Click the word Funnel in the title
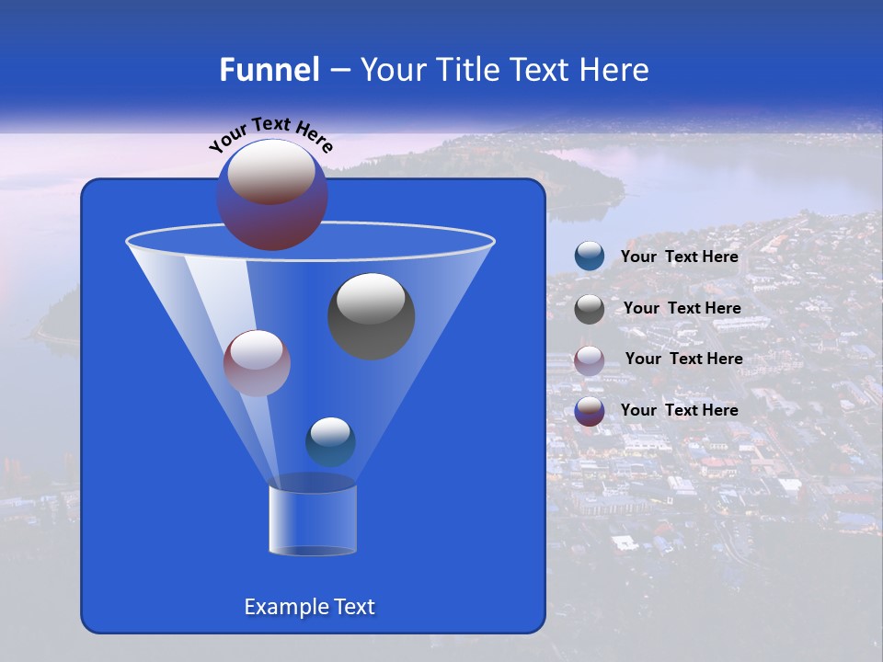pos(269,70)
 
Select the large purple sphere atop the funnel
pos(272,194)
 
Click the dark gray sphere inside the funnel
pos(372,315)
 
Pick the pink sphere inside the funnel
pos(257,362)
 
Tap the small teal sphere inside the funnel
pos(330,441)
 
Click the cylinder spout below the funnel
pos(313,519)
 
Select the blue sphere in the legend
pos(590,257)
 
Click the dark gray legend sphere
pos(590,308)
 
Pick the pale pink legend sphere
pos(590,360)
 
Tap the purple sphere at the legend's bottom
pos(590,410)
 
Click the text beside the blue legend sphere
pos(680,257)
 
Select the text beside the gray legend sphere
pos(682,308)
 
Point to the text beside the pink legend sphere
pos(683,359)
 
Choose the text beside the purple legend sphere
pos(680,410)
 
